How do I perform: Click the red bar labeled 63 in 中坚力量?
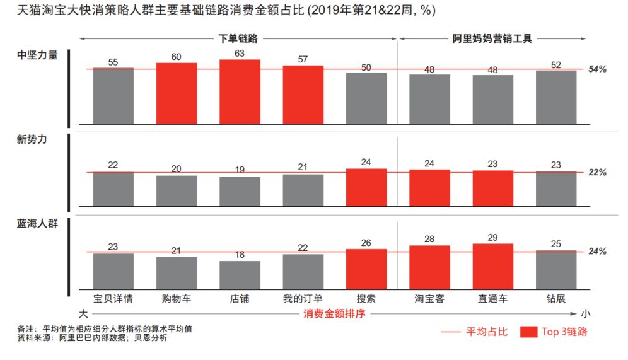point(240,91)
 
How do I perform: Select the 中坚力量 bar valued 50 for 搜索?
point(366,98)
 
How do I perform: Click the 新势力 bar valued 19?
point(240,191)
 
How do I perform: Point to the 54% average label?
point(597,69)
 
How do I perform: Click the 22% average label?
point(597,172)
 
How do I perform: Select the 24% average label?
point(597,252)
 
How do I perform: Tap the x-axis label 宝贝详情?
point(113,299)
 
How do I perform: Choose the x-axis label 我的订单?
point(303,299)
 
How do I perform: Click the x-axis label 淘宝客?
point(429,299)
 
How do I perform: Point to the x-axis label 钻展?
point(556,299)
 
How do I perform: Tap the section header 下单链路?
point(238,39)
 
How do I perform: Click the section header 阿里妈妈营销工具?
point(492,39)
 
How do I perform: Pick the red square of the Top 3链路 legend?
point(528,332)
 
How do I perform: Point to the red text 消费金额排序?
point(334,313)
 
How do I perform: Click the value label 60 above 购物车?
point(177,57)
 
